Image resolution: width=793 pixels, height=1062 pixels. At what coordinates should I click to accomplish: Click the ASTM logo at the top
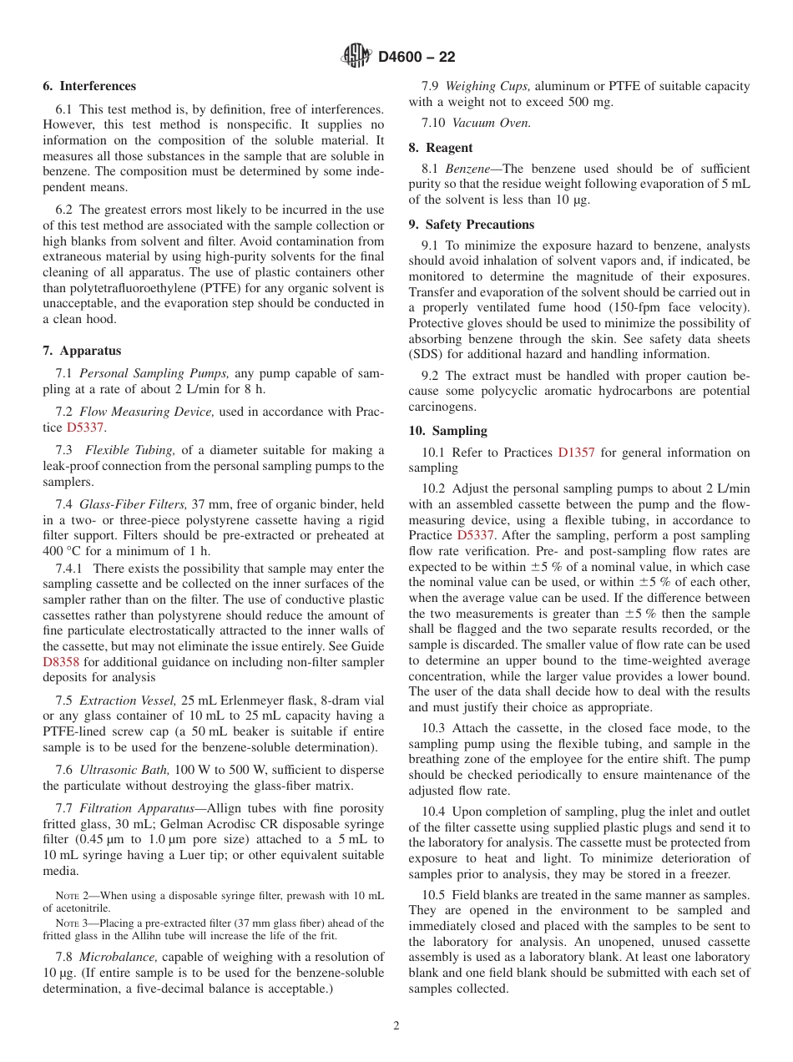click(x=356, y=57)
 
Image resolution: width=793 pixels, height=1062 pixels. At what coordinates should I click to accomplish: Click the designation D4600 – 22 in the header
click(x=417, y=58)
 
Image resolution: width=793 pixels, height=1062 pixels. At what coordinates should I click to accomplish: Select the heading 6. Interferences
click(x=89, y=86)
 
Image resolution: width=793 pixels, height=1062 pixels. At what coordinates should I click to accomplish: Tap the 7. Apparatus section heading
click(x=82, y=351)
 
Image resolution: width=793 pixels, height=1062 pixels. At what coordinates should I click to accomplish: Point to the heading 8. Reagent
click(x=441, y=148)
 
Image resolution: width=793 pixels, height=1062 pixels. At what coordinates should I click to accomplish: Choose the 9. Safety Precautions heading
click(x=472, y=225)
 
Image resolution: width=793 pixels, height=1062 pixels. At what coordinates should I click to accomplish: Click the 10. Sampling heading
click(x=448, y=431)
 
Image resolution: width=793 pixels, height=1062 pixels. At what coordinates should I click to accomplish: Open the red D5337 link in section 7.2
click(x=85, y=427)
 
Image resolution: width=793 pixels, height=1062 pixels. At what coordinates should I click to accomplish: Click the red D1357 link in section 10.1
click(x=576, y=453)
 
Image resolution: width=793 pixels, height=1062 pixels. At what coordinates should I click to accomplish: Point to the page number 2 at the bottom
click(x=396, y=1026)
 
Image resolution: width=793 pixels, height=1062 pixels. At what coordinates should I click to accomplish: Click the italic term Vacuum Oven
click(x=491, y=123)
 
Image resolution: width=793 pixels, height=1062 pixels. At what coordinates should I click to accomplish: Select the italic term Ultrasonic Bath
click(x=124, y=770)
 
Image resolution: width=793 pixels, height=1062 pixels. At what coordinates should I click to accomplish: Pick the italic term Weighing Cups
click(x=487, y=86)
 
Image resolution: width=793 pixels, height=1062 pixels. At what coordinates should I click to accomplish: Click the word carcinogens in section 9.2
click(x=440, y=407)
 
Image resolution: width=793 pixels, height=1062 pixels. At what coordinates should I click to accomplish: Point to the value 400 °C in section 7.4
click(x=63, y=551)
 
